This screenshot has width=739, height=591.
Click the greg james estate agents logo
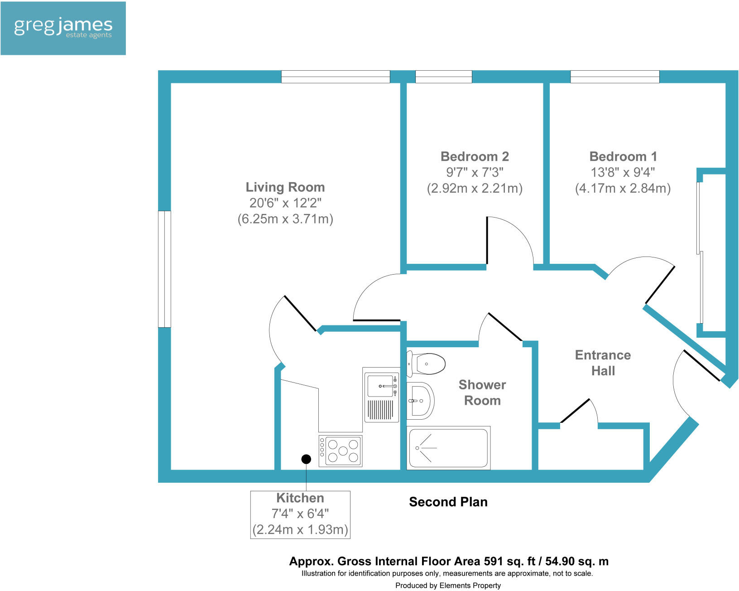63,28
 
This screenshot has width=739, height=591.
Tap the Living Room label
285,187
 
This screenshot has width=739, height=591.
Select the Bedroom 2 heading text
475,157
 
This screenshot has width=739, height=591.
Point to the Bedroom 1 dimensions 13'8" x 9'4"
623,173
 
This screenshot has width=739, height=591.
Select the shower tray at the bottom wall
448,448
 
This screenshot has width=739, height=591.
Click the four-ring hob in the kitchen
341,451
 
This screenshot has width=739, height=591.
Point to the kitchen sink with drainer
381,395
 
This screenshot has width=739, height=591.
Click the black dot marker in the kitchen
306,459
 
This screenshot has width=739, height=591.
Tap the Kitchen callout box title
300,498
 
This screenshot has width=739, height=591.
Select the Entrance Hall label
603,363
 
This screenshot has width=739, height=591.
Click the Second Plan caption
448,502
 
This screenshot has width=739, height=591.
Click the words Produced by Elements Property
448,586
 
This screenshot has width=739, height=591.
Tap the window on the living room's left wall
164,269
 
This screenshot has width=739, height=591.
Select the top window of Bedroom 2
443,77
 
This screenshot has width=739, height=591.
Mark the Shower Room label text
482,392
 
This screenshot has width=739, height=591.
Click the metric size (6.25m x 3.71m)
285,219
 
